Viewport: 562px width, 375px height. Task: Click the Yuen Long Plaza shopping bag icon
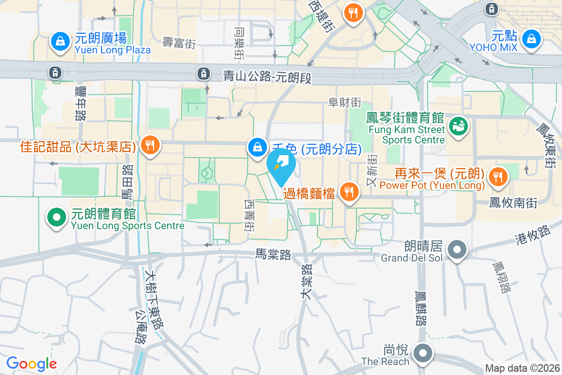coord(60,40)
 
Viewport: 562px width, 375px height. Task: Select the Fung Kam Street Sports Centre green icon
coord(458,126)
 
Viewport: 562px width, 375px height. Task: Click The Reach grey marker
coord(423,352)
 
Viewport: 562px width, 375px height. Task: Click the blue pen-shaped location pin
coord(281,165)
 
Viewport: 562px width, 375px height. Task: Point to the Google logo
coord(31,363)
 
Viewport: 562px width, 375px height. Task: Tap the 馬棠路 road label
coord(273,255)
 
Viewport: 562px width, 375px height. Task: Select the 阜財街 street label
coord(345,102)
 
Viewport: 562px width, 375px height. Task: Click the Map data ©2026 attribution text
coord(522,368)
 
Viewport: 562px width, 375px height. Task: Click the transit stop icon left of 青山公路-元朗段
coord(203,73)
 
